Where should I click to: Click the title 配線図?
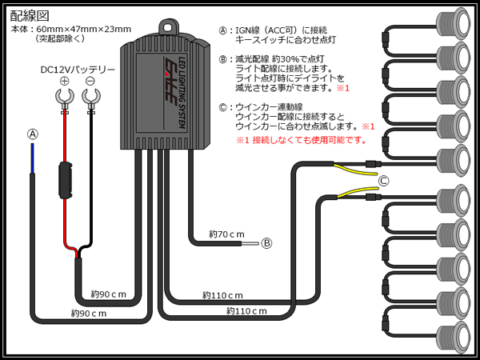(30, 16)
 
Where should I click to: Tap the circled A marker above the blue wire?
(33, 134)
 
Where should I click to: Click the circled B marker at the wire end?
(266, 243)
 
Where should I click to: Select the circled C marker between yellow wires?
(383, 181)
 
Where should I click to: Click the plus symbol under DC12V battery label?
(64, 82)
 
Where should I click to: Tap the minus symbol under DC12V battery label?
(90, 82)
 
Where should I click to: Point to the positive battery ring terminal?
(65, 98)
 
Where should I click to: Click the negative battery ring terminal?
(91, 98)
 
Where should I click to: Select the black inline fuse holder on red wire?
(65, 180)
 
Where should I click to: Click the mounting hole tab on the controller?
(167, 27)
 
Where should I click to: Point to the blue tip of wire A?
(33, 158)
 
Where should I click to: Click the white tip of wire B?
(250, 244)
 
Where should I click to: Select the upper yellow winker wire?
(355, 170)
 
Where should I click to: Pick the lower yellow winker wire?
(358, 193)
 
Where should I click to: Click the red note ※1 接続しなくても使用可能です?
(302, 141)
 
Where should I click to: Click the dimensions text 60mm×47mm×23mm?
(83, 30)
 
